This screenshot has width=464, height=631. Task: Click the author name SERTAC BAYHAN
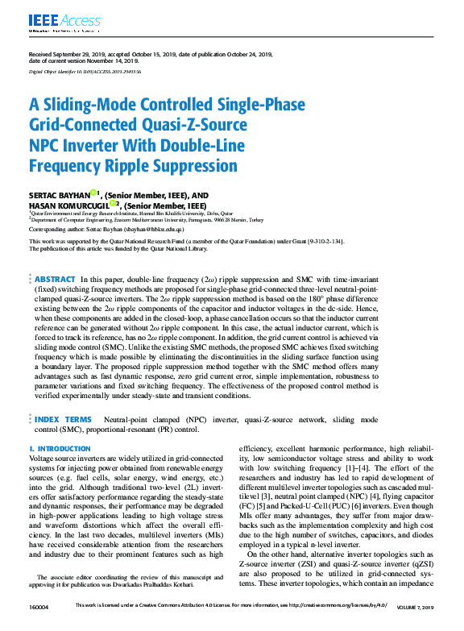[59, 195]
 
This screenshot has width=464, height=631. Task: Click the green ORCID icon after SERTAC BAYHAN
[93, 193]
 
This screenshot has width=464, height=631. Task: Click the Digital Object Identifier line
[85, 72]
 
